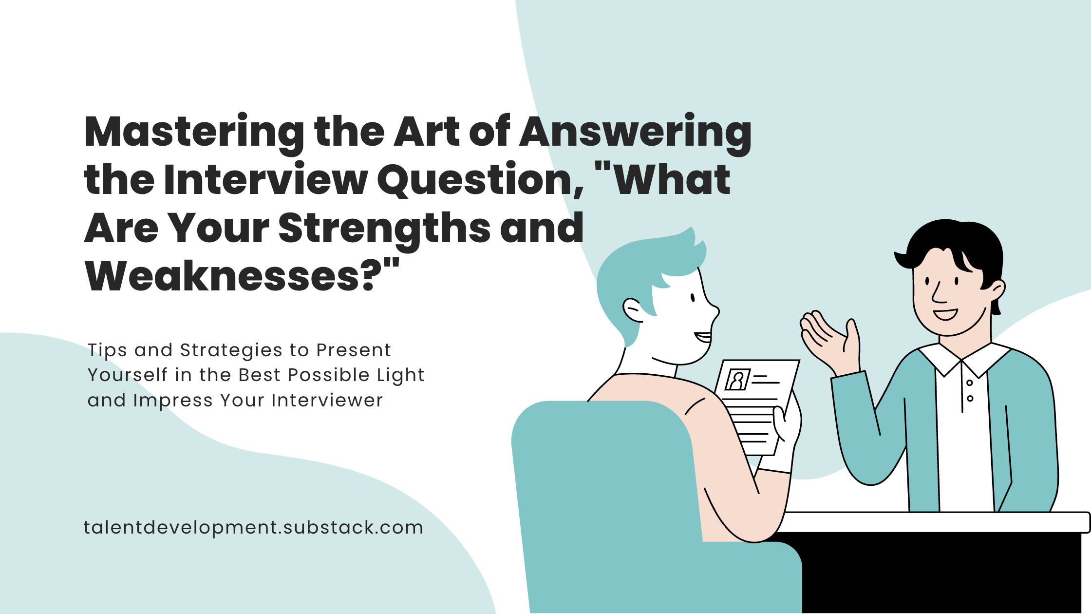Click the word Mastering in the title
194,133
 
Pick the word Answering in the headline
636,133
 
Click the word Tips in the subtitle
107,350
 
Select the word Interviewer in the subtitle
327,401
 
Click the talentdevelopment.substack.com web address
253,528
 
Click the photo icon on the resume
737,380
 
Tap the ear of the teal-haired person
633,310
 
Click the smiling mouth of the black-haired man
945,314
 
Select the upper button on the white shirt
969,383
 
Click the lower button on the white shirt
970,399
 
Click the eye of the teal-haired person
692,298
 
